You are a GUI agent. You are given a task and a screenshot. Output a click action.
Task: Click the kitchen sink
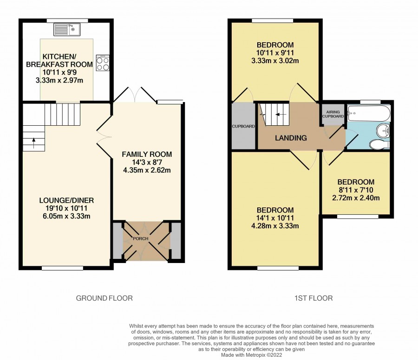[67, 29]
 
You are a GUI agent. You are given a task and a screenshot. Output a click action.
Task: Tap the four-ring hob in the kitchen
[103, 63]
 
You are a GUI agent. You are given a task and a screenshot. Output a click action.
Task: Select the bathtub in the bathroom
[369, 114]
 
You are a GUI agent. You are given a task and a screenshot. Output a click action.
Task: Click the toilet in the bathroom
[379, 144]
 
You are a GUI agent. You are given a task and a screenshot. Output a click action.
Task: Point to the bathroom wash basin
[383, 130]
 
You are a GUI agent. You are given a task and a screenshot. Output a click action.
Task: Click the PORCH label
[140, 238]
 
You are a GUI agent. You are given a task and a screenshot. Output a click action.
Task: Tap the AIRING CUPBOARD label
[333, 114]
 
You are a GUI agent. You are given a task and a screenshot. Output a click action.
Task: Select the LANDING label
[291, 138]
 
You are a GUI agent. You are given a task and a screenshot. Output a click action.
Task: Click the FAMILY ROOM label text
[147, 154]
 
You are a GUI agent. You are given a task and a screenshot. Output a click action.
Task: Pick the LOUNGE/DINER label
[66, 200]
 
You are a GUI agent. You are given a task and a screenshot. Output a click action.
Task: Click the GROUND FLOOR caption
[104, 298]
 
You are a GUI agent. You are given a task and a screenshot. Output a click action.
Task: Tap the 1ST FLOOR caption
[313, 298]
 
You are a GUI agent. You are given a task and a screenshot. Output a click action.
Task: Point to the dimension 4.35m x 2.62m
[147, 170]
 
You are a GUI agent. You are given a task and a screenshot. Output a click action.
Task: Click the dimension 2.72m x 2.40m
[356, 198]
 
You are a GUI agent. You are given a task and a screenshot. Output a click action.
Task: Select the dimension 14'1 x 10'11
[275, 218]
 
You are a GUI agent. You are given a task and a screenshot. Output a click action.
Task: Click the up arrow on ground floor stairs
[33, 143]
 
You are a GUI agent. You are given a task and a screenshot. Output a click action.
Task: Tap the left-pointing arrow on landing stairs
[281, 115]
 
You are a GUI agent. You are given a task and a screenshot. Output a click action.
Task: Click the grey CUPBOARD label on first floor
[243, 126]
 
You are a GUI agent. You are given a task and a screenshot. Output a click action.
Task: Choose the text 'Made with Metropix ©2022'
[251, 355]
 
